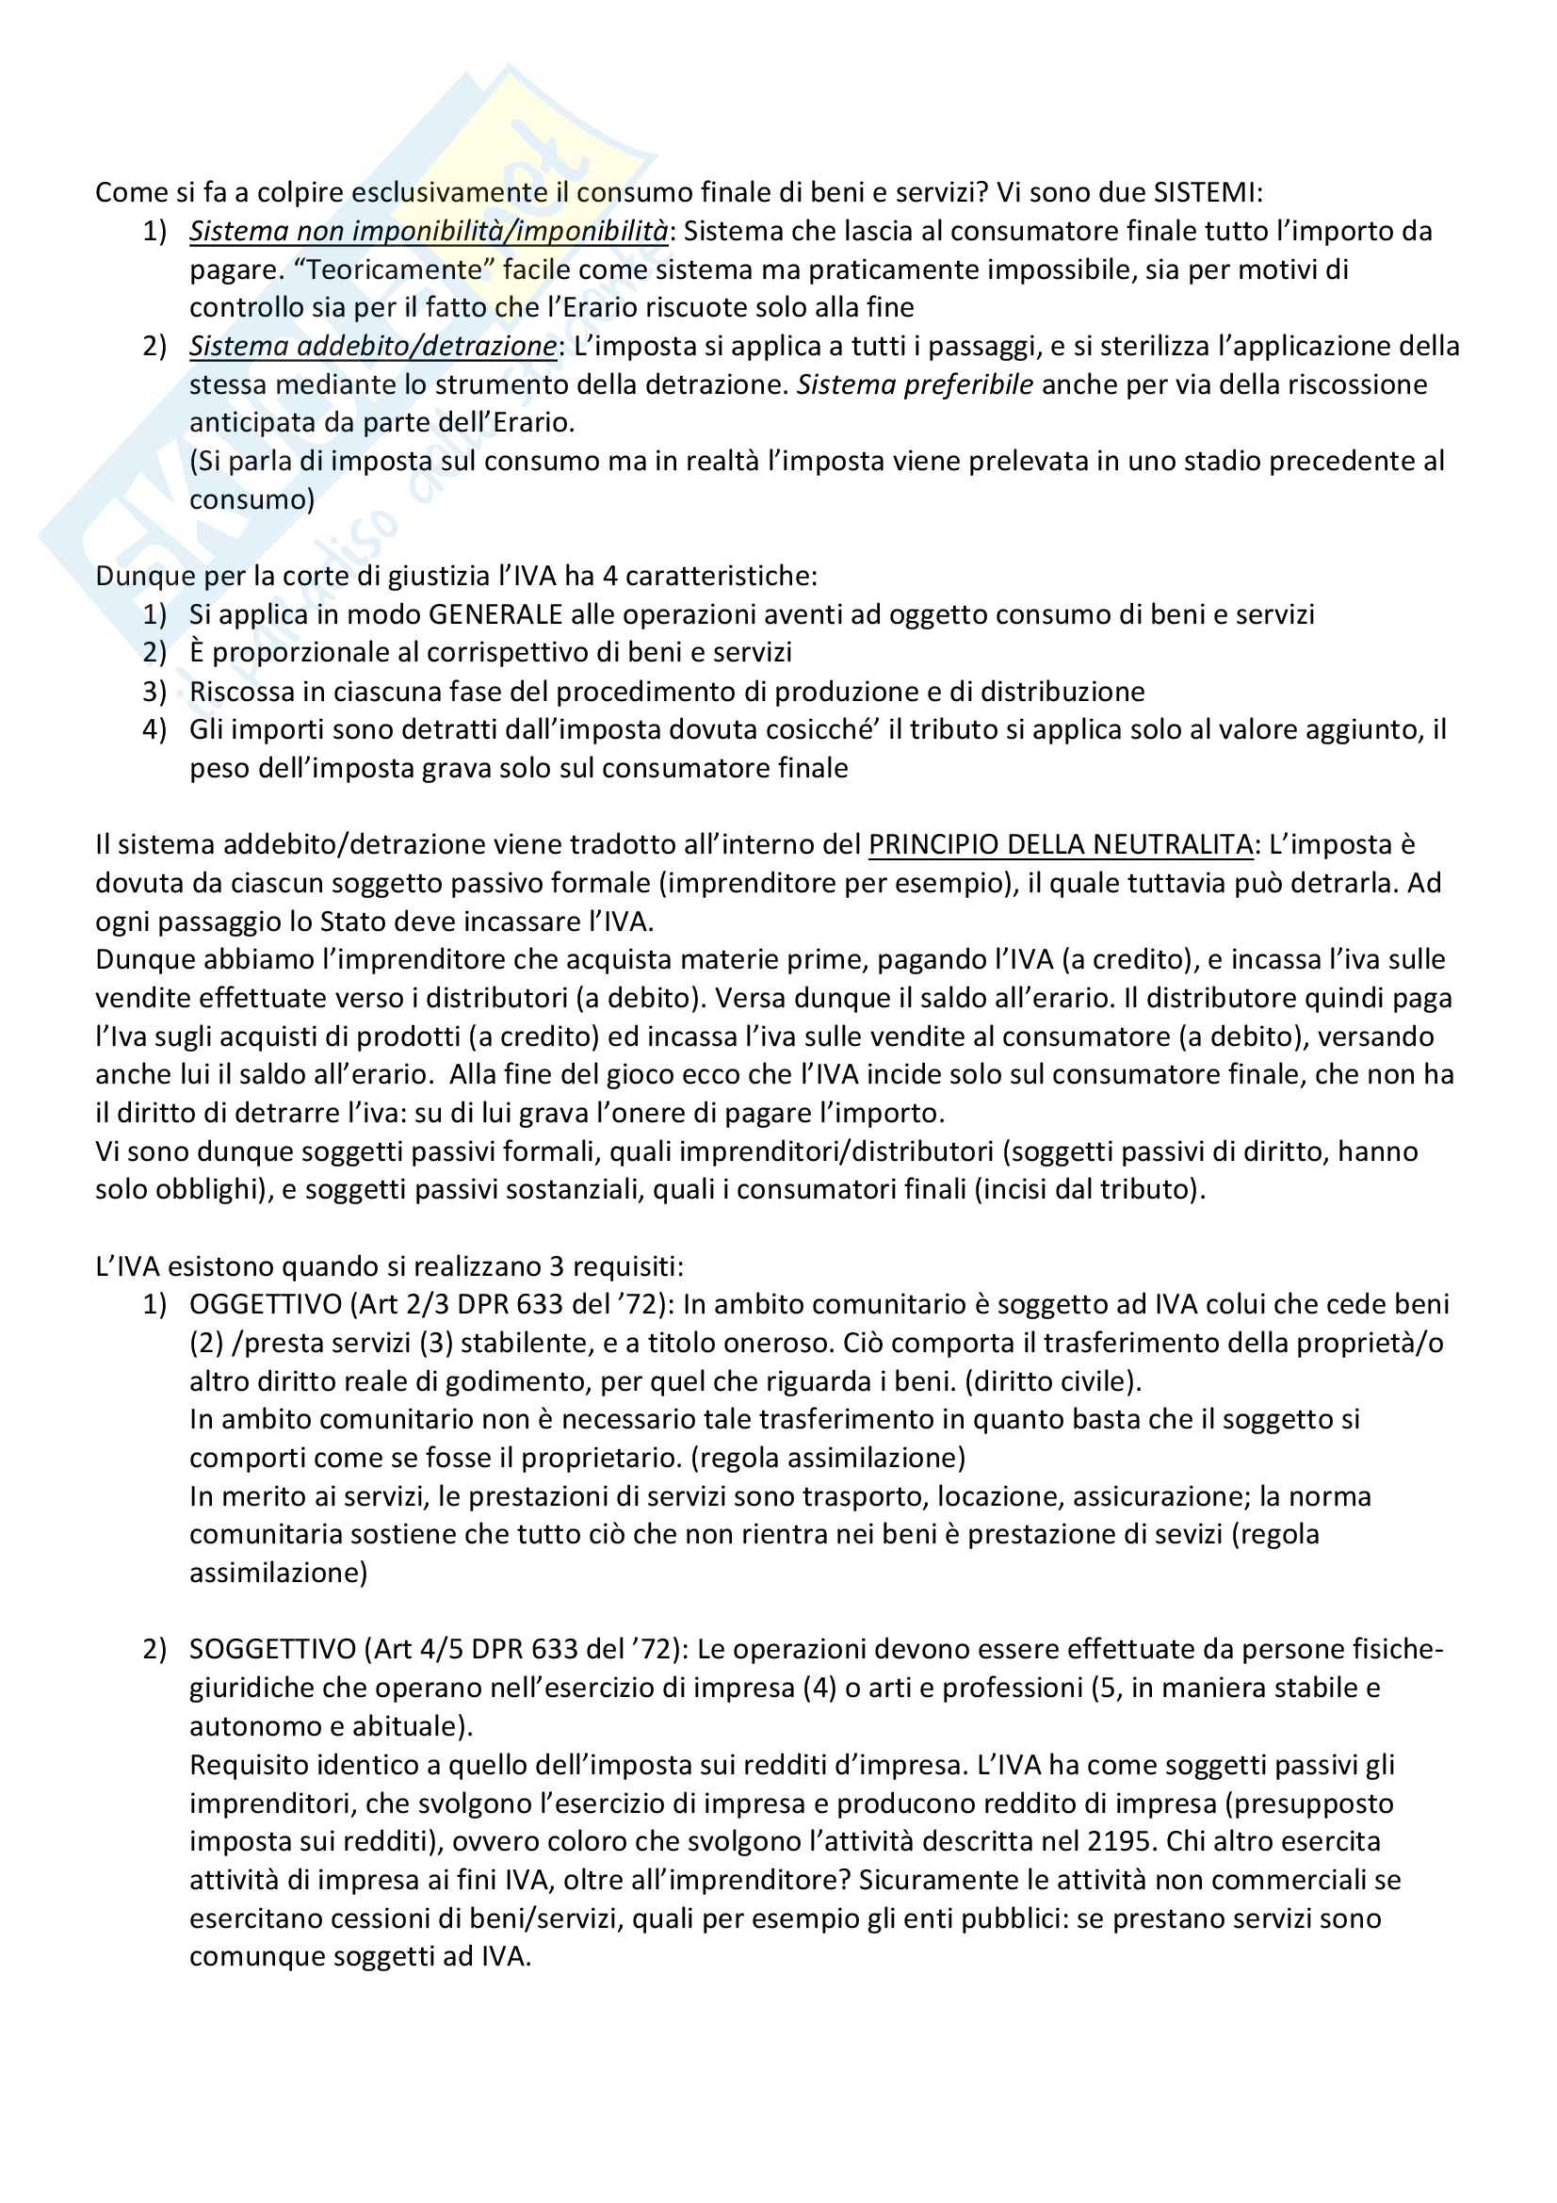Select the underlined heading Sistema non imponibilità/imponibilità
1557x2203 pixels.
pos(428,231)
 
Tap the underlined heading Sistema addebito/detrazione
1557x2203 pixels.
pos(372,347)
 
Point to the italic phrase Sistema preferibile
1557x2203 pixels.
pos(915,384)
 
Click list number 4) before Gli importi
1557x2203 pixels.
pos(154,729)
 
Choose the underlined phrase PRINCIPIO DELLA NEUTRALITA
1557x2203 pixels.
pos(1060,844)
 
